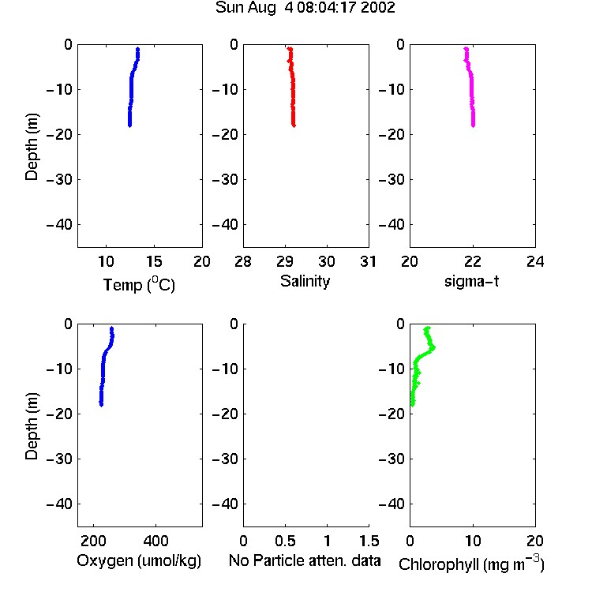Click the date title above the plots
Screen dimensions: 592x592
pyautogui.click(x=305, y=8)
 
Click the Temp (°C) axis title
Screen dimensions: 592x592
pyautogui.click(x=139, y=284)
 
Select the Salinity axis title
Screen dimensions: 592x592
pyautogui.click(x=305, y=281)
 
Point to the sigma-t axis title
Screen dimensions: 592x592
pyautogui.click(x=471, y=281)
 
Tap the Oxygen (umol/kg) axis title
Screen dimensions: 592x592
pyautogui.click(x=139, y=560)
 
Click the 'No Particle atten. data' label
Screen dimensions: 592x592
pyautogui.click(x=305, y=560)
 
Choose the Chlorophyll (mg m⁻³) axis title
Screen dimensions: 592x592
pyautogui.click(x=471, y=564)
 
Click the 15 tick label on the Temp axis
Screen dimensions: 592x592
pyautogui.click(x=154, y=261)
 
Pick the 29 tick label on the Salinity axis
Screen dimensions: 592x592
pyautogui.click(x=285, y=261)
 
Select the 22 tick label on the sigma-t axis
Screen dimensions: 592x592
pyautogui.click(x=472, y=261)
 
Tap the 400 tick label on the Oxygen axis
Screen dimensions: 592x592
pyautogui.click(x=155, y=541)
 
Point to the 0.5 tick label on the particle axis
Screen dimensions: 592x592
pyautogui.click(x=285, y=541)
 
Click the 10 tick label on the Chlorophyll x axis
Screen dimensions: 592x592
pyautogui.click(x=473, y=541)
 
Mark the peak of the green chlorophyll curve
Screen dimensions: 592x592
pyautogui.click(x=433, y=347)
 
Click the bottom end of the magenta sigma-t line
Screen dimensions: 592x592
pyautogui.click(x=473, y=126)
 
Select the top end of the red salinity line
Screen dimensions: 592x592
pyautogui.click(x=290, y=49)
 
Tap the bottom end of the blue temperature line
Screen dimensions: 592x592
pyautogui.click(x=129, y=126)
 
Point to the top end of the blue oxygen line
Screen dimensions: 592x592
pyautogui.click(x=112, y=328)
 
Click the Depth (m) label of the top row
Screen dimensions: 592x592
pyautogui.click(x=32, y=147)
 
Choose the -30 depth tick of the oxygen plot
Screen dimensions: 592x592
pyautogui.click(x=59, y=459)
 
